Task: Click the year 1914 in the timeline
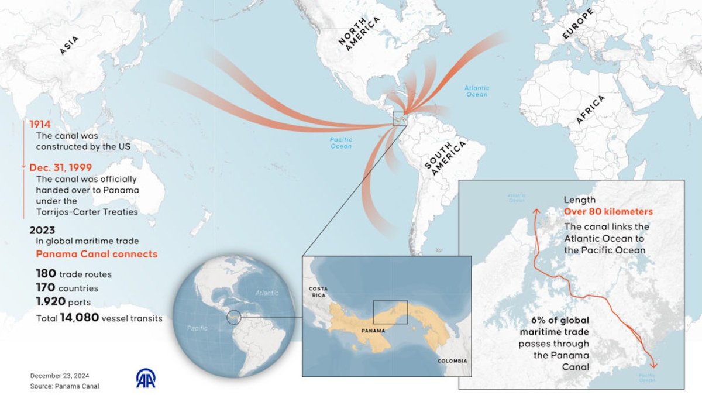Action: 40,124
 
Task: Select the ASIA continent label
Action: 69,46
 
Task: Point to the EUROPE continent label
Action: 577,24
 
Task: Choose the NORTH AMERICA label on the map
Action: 359,34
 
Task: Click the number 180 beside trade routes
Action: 45,273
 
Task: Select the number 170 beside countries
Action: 45,288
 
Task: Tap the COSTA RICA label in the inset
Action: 320,292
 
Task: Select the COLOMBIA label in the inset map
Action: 452,361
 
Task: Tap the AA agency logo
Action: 146,378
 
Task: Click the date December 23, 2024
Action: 60,376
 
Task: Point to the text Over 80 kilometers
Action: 608,212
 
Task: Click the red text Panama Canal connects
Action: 97,255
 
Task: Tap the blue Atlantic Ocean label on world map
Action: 477,91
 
